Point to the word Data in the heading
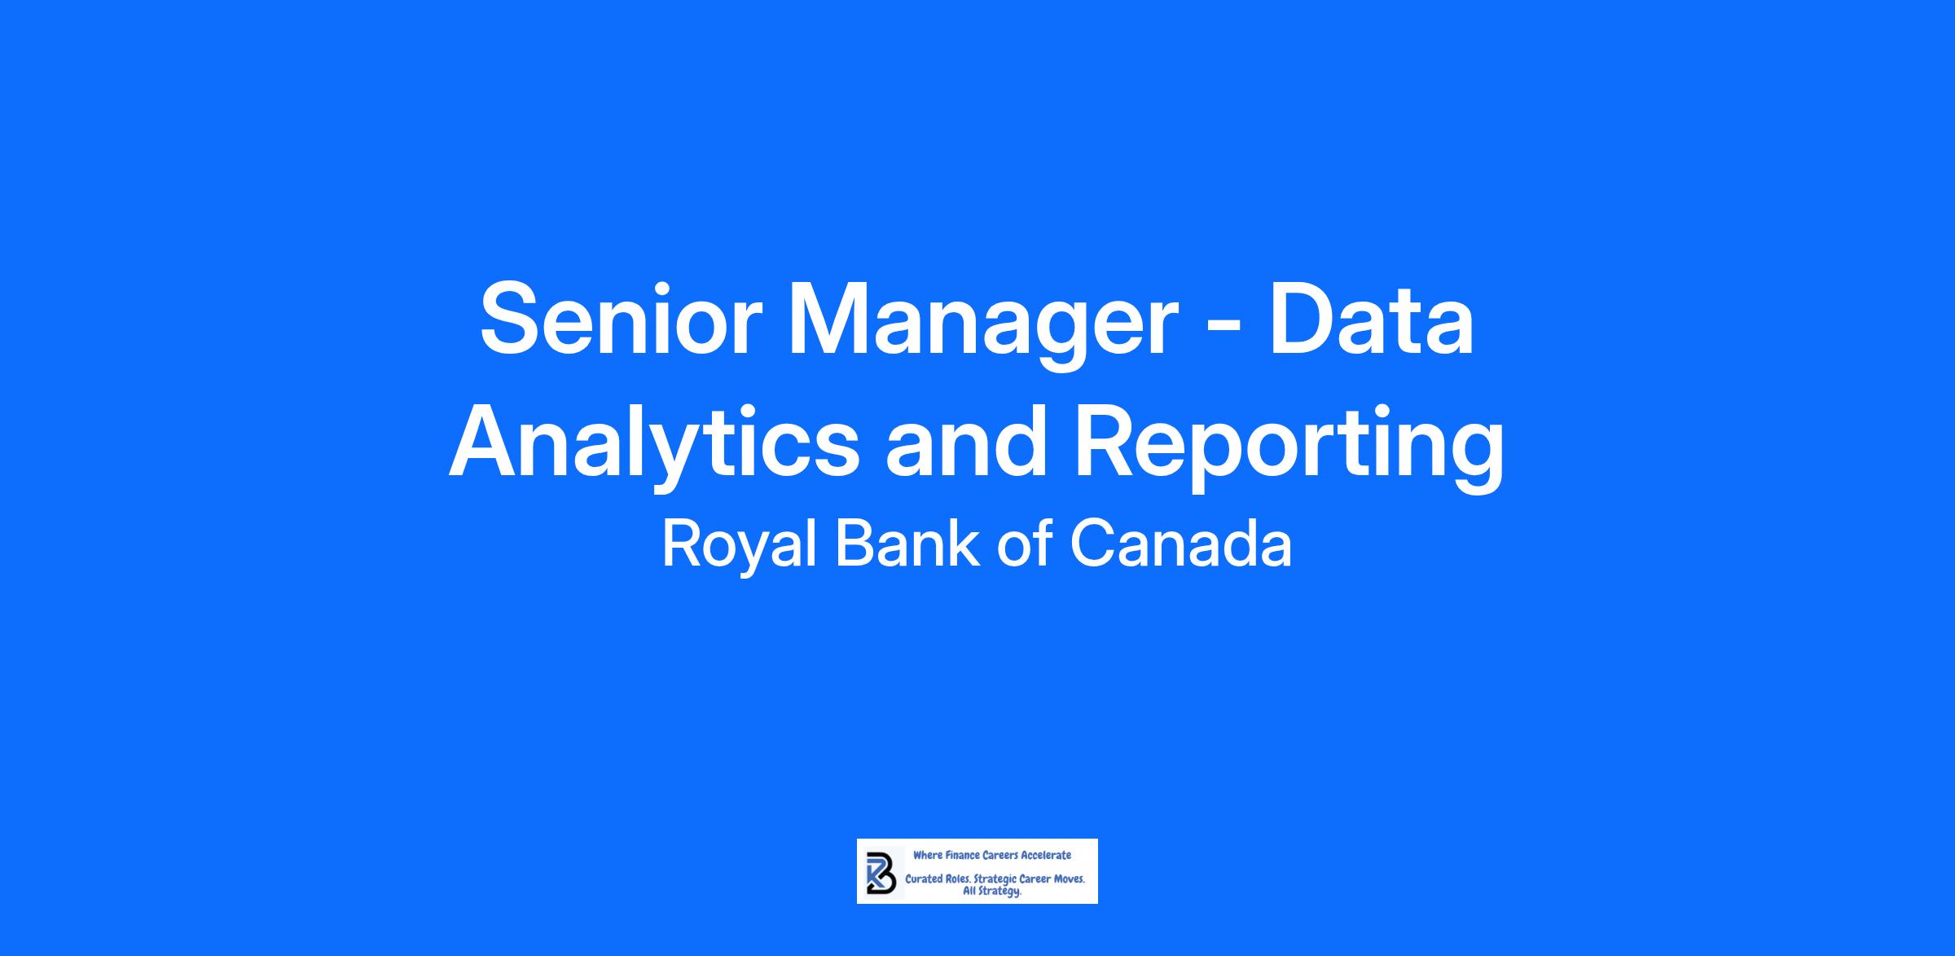pyautogui.click(x=1370, y=319)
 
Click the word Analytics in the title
pyautogui.click(x=654, y=446)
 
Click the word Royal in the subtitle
pyautogui.click(x=739, y=545)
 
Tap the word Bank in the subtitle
pyautogui.click(x=907, y=543)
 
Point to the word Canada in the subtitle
pyautogui.click(x=1180, y=544)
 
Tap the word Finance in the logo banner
pyautogui.click(x=962, y=855)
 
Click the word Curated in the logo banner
pyautogui.click(x=925, y=880)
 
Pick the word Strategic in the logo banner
pyautogui.click(x=995, y=881)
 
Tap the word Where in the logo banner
pyautogui.click(x=927, y=855)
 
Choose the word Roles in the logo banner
pyautogui.click(x=958, y=880)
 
